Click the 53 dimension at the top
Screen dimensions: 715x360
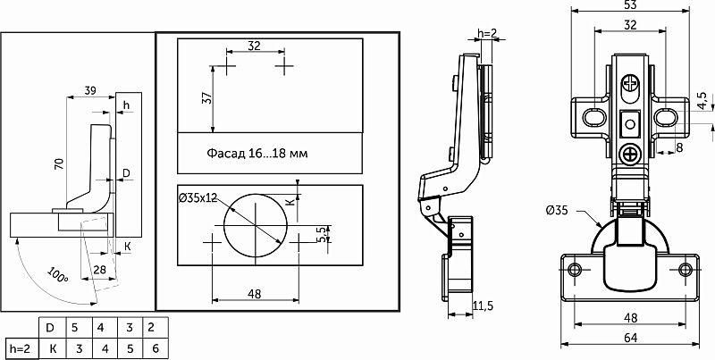pos(630,4)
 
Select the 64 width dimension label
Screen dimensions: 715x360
pos(630,339)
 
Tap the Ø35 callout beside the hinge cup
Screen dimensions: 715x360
pos(557,211)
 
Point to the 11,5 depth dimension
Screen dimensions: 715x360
pos(483,306)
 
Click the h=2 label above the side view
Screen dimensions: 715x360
pos(486,32)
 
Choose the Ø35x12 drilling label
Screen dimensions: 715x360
pos(198,197)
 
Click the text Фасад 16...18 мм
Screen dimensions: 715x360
pos(257,153)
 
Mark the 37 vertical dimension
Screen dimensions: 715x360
pos(206,98)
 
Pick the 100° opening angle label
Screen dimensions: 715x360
pos(57,274)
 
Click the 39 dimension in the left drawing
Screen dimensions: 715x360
pos(90,91)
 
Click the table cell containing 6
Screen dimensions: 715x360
pos(156,348)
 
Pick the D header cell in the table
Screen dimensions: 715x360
pos(53,328)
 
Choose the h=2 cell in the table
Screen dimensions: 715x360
pos(20,348)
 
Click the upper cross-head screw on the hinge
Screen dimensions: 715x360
pos(631,83)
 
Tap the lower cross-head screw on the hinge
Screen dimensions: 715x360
pos(631,154)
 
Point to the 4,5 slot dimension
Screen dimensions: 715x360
pos(702,101)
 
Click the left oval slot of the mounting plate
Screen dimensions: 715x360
pos(594,117)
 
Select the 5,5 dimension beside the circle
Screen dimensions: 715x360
pos(323,235)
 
